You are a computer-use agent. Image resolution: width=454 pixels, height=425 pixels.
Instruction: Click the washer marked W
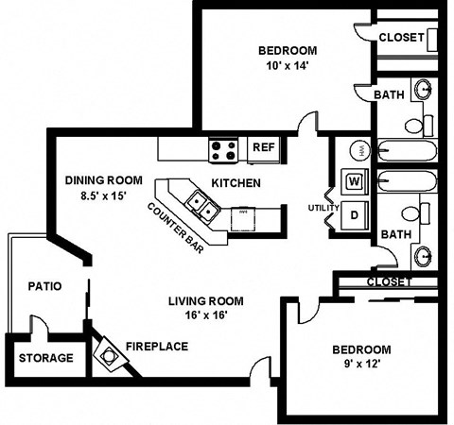coord(355,180)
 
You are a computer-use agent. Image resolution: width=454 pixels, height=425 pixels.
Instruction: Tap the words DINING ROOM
coord(103,179)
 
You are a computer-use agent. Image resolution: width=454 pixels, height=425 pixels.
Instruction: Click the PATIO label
coord(45,285)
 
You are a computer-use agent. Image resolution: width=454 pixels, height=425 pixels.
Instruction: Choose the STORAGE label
coord(45,358)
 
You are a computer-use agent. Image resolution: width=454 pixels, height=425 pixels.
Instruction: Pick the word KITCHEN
coord(236,182)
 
